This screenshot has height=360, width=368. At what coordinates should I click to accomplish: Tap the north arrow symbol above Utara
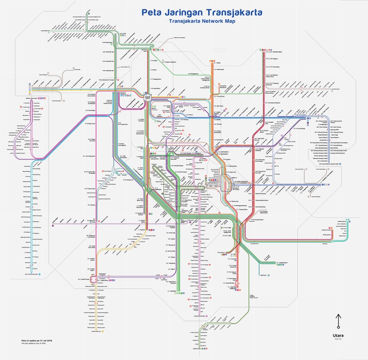pyautogui.click(x=337, y=321)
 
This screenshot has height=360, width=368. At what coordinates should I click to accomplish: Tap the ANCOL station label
pyautogui.click(x=218, y=63)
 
